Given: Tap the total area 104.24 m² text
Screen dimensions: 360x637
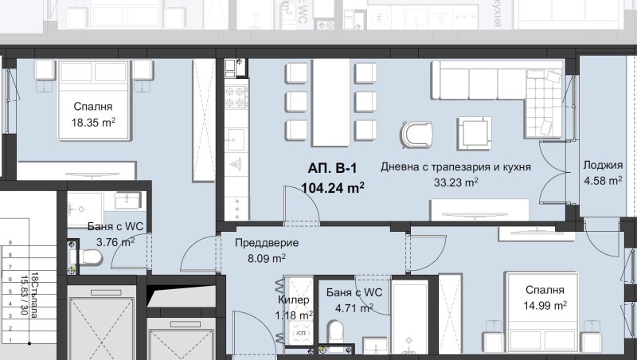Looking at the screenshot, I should [333, 188].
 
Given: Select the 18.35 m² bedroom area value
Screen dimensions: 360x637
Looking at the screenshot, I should [93, 122].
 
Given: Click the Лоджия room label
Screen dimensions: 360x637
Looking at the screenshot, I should [603, 166].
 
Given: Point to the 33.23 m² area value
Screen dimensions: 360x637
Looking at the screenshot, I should [455, 182].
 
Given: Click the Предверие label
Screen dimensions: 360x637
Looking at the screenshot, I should [267, 243].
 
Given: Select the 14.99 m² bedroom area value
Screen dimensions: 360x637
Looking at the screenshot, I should [545, 305].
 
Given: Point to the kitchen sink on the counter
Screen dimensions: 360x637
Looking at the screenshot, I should [236, 143].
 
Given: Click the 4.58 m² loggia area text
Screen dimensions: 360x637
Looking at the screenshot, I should [603, 181].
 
